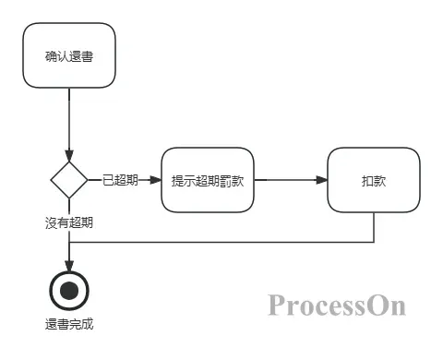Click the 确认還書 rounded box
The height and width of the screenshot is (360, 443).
tap(69, 56)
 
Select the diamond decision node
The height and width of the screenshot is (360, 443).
tap(69, 179)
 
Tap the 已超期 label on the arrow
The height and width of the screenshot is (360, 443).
tap(120, 180)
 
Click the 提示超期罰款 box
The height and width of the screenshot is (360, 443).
tap(208, 180)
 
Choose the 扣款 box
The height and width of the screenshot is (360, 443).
tap(374, 180)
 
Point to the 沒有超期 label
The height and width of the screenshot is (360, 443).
tap(69, 222)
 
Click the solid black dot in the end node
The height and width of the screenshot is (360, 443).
tap(69, 292)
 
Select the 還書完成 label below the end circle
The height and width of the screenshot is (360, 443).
tap(69, 325)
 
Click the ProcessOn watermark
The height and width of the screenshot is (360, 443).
tap(338, 305)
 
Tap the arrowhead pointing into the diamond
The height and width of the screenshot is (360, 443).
tap(69, 154)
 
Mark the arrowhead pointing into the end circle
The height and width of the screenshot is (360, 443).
tap(69, 267)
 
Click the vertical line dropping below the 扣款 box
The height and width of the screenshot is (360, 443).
tap(374, 227)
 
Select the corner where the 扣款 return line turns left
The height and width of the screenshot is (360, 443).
tap(374, 243)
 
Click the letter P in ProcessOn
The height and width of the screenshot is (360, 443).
tap(276, 305)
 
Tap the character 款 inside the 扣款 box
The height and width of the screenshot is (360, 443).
tap(380, 180)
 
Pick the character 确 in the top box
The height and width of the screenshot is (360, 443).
tap(51, 56)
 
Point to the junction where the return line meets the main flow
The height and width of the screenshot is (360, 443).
tap(69, 243)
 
